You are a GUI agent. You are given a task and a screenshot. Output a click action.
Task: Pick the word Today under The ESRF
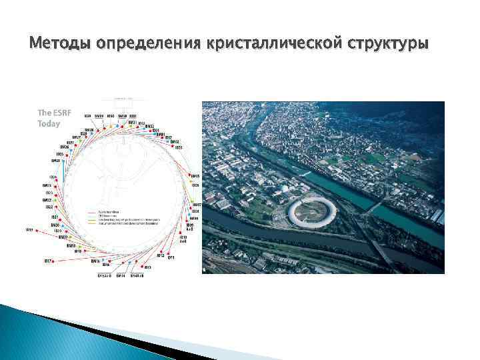[x=49, y=124]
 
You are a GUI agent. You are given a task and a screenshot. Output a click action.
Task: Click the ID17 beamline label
[x=49, y=261]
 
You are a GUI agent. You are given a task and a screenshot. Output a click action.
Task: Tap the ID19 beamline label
[x=29, y=230]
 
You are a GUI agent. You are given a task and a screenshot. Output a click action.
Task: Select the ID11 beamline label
[x=171, y=257]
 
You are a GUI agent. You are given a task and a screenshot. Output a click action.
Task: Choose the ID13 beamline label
[x=148, y=267]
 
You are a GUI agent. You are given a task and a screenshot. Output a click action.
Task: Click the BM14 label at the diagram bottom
[x=121, y=275]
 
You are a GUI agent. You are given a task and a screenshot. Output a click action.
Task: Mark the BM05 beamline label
[x=195, y=176]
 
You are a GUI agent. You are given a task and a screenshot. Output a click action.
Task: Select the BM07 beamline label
[x=197, y=205]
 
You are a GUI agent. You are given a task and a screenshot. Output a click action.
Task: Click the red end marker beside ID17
[x=57, y=261]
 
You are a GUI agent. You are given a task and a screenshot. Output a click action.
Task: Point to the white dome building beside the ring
[x=286, y=190]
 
